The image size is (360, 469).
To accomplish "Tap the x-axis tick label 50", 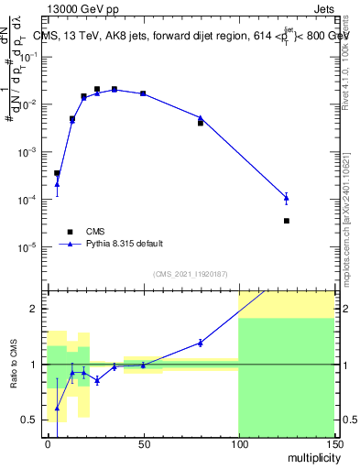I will coord(143,444).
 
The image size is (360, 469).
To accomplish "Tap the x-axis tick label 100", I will coord(238,444).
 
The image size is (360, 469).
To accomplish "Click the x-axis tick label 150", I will coord(333,444).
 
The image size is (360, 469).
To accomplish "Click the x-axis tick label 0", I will coord(48,444).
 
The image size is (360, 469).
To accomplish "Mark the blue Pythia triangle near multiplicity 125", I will coord(287,197).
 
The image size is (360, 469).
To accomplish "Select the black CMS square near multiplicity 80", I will coord(201,122).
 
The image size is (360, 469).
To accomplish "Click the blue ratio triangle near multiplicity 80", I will coord(201,343).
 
